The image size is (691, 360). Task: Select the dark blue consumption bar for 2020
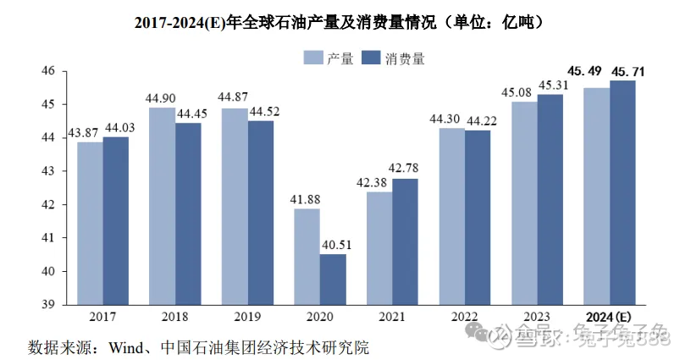(x=332, y=279)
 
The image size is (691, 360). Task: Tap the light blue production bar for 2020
(x=307, y=256)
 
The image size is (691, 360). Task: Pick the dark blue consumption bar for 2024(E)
(x=622, y=192)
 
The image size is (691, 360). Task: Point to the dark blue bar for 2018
(x=188, y=213)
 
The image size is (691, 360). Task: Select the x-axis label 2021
(x=392, y=316)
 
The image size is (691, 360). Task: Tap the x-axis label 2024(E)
(x=609, y=316)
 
